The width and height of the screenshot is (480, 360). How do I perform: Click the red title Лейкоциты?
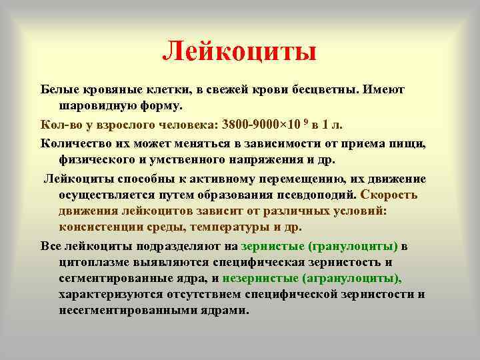(x=240, y=51)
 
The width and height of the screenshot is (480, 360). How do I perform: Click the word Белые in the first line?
(x=59, y=89)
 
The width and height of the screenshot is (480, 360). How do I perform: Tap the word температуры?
(x=227, y=227)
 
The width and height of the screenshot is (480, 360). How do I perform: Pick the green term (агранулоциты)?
(x=352, y=279)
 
